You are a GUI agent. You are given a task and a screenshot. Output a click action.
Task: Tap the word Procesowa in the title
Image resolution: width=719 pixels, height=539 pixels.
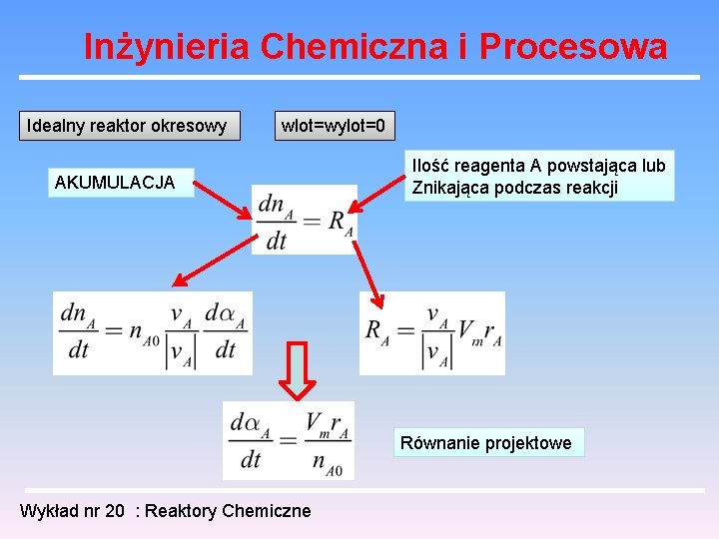click(573, 46)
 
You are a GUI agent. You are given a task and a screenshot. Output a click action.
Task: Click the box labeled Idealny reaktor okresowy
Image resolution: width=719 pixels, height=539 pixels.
click(128, 126)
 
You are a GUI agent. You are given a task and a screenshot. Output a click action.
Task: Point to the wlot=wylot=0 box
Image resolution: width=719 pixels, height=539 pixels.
click(334, 126)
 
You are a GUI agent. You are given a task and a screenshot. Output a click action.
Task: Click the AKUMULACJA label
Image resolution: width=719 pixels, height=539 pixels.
click(115, 182)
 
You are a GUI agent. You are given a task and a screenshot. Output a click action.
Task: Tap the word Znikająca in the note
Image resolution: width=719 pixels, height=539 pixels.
click(449, 188)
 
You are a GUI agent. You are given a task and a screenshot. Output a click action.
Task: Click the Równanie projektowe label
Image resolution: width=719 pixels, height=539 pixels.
click(486, 443)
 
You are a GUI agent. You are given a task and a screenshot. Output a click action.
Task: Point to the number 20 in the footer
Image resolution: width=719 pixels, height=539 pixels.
click(115, 511)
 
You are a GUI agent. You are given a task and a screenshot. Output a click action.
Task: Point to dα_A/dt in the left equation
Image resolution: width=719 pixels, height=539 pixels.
click(226, 331)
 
